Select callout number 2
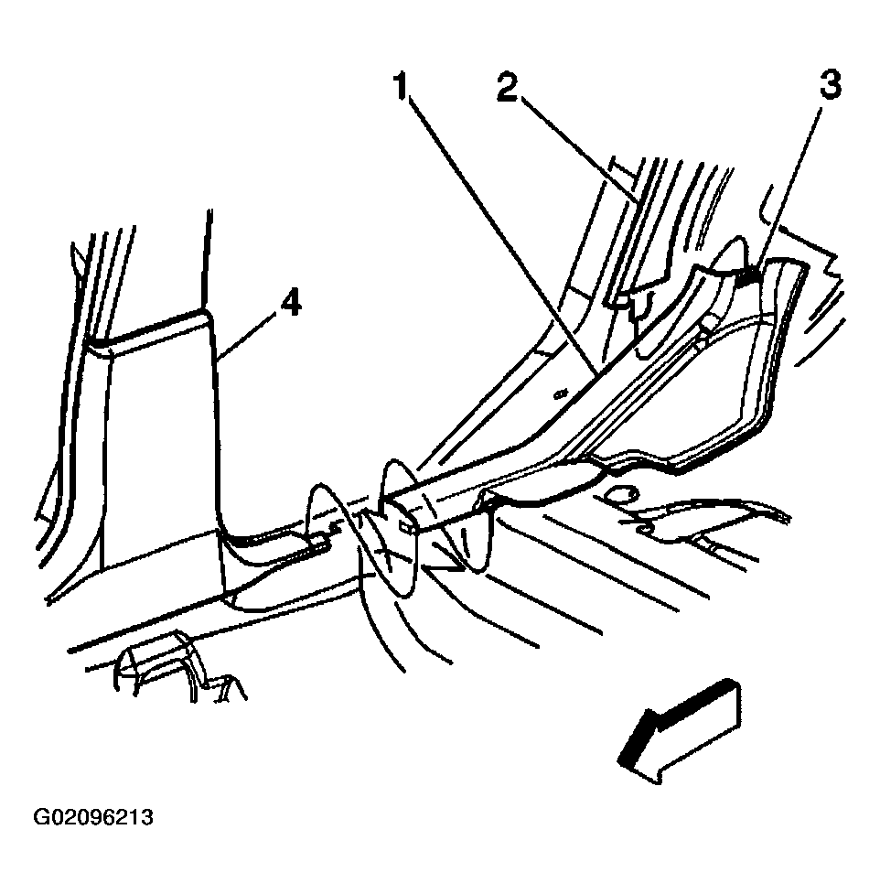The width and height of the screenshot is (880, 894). (507, 87)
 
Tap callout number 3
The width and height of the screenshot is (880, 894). (831, 85)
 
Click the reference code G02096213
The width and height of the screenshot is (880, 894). (93, 818)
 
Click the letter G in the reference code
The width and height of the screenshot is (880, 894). (41, 818)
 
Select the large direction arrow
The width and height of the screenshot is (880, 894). (680, 731)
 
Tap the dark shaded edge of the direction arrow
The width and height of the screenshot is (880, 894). (672, 718)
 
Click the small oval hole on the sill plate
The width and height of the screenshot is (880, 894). (561, 393)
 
